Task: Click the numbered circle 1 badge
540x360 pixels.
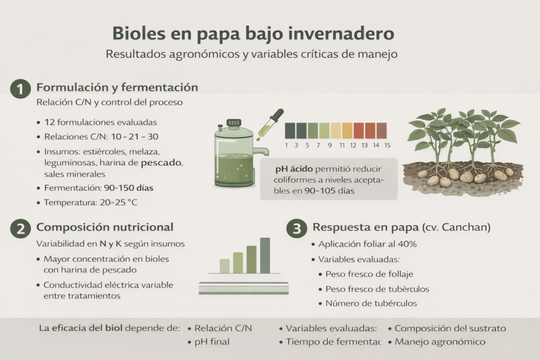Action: coord(20,89)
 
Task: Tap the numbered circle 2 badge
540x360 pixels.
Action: coord(20,228)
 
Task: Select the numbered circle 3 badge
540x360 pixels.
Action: coord(297,228)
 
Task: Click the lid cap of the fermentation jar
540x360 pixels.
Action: coord(234,123)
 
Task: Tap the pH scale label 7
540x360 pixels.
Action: coord(318,145)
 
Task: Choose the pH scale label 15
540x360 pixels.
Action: coord(387,145)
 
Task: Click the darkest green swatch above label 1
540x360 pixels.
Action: coord(290,131)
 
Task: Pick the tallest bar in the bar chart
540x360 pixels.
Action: coord(265,255)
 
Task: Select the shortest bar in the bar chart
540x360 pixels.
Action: coord(224,266)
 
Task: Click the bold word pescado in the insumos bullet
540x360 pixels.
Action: coord(161,163)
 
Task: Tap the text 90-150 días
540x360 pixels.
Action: coord(128,188)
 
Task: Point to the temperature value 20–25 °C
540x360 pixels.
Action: coord(118,202)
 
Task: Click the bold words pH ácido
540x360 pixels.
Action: coord(294,169)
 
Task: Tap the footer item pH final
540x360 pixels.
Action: coord(212,342)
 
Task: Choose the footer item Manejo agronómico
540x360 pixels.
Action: coord(440,342)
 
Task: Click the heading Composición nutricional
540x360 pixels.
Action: coord(105,227)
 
